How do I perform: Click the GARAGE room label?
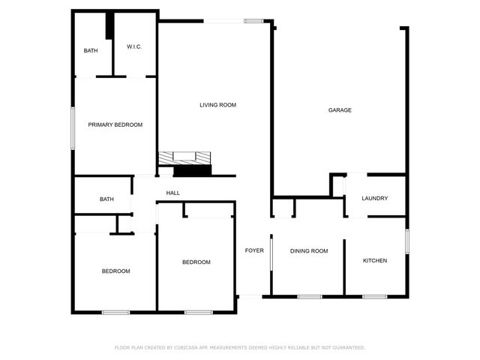(x=340, y=110)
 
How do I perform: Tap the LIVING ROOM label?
(x=217, y=105)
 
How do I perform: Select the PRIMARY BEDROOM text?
(x=115, y=124)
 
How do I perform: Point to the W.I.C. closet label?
(x=134, y=47)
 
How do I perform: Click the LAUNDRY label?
(x=374, y=199)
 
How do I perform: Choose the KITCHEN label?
(x=374, y=261)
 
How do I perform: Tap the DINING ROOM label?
(x=309, y=250)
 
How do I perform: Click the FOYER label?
(x=254, y=250)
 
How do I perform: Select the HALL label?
(x=172, y=193)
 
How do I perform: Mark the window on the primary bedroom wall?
(x=73, y=127)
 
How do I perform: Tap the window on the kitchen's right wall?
(x=406, y=241)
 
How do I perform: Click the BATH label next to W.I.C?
(x=91, y=51)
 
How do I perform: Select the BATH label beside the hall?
(x=106, y=199)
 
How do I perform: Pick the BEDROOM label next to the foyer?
(x=196, y=262)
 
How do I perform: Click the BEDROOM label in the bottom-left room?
(x=116, y=271)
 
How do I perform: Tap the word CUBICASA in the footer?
(x=190, y=347)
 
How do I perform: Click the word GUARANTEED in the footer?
(x=347, y=347)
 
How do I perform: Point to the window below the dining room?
(x=309, y=296)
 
